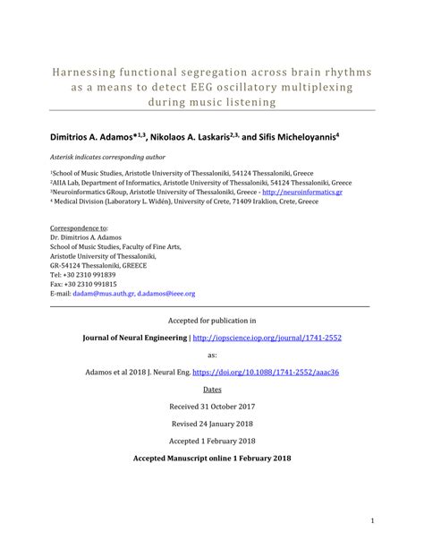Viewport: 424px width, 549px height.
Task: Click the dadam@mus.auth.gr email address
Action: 104,293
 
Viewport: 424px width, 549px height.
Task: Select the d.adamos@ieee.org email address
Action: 166,293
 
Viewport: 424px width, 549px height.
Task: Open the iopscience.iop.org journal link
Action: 267,338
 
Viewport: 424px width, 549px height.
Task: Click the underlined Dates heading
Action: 212,390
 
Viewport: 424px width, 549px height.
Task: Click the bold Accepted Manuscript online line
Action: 212,458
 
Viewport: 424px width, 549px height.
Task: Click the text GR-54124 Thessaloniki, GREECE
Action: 98,266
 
